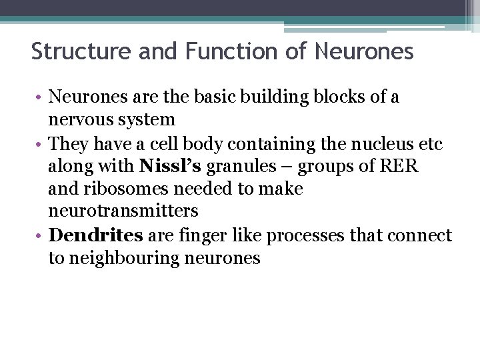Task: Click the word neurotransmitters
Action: (123, 211)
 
